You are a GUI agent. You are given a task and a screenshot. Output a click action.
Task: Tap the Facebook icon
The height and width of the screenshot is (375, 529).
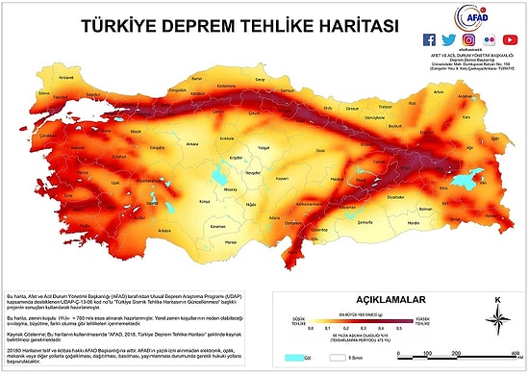pyautogui.click(x=430, y=39)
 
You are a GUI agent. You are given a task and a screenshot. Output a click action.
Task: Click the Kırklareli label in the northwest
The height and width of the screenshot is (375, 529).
pyautogui.click(x=40, y=77)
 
